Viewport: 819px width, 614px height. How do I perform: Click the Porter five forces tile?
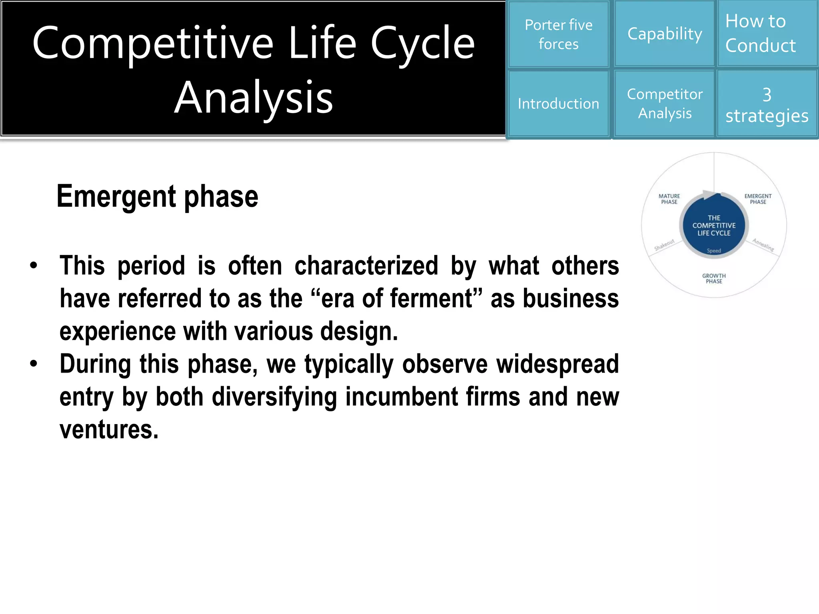point(558,34)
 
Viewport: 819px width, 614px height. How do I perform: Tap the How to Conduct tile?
point(767,34)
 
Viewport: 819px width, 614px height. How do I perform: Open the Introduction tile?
point(558,104)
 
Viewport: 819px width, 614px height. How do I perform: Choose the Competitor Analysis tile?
point(665,104)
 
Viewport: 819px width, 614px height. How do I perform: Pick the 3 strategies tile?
point(767,105)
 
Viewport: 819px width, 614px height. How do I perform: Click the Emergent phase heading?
point(157,196)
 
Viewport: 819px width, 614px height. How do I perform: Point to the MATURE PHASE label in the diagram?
point(669,199)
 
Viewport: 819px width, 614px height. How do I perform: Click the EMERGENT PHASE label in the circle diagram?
point(758,199)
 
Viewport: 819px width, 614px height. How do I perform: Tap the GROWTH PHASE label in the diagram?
point(714,279)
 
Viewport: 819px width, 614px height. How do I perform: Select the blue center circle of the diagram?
point(714,225)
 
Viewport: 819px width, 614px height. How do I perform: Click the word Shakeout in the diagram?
point(664,245)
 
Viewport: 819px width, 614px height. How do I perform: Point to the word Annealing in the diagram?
point(763,245)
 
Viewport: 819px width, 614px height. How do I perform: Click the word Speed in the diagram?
point(714,251)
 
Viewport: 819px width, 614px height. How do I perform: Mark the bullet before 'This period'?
point(34,266)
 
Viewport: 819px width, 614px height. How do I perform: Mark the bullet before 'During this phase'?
point(34,364)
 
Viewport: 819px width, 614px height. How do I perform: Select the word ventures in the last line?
point(109,430)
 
